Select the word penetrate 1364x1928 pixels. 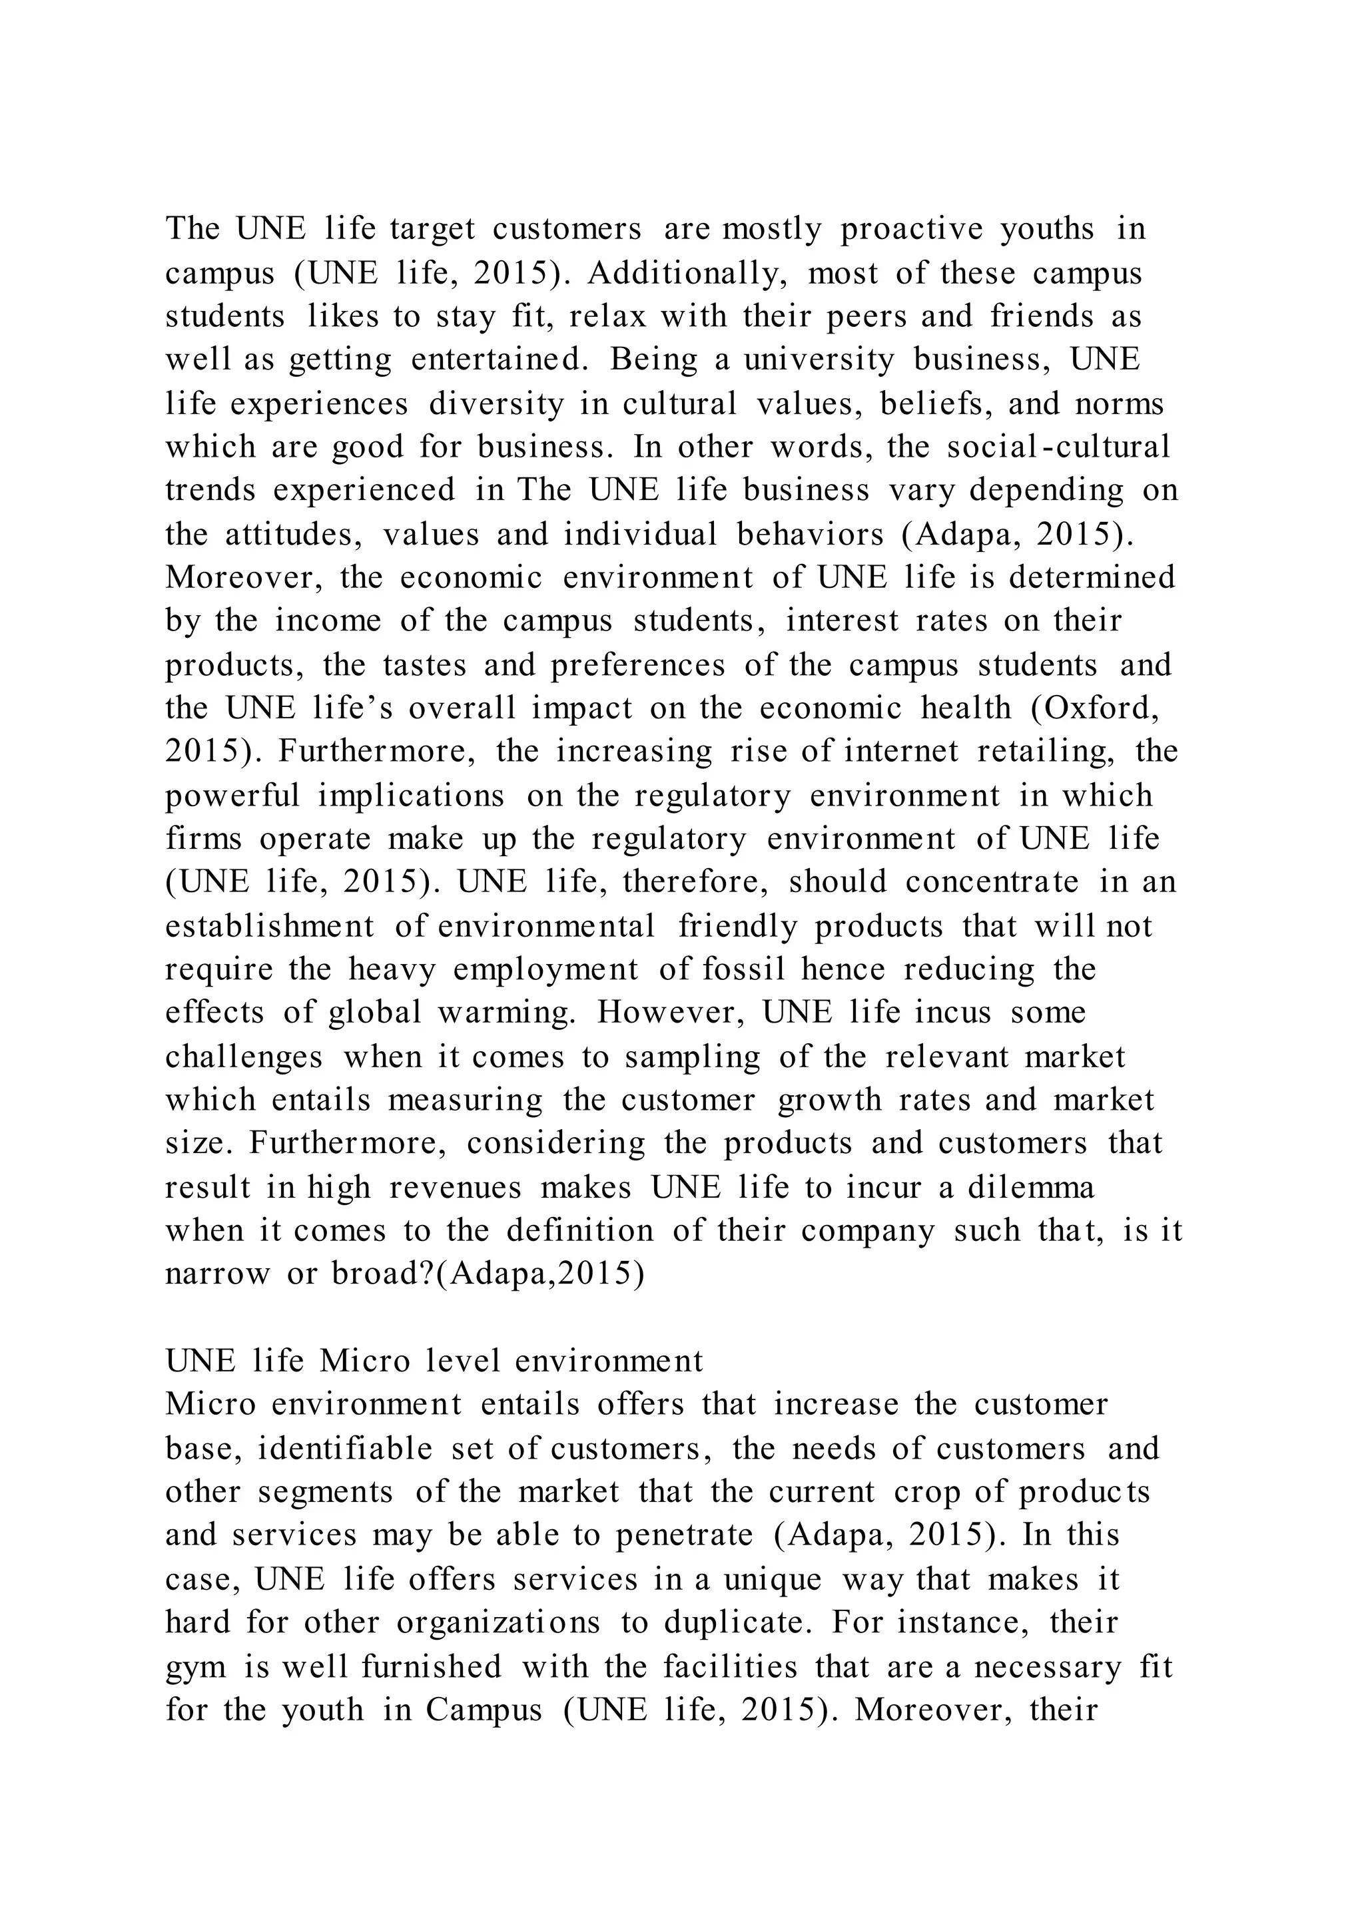click(684, 1535)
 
